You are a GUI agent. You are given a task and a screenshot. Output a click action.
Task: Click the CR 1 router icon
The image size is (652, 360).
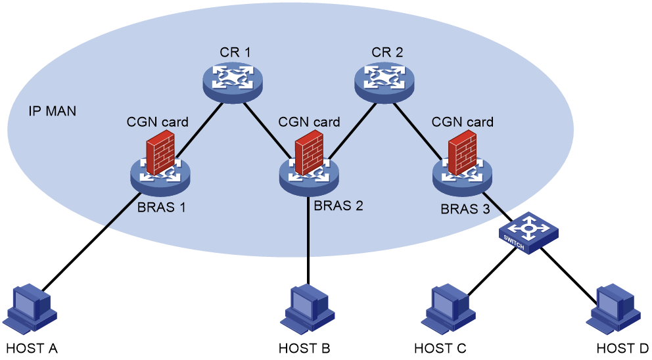(233, 82)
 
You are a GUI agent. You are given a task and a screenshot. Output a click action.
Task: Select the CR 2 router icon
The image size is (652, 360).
(384, 82)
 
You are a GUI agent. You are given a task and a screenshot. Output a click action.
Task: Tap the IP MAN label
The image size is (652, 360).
(53, 111)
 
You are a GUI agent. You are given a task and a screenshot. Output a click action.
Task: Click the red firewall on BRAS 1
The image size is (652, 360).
(160, 152)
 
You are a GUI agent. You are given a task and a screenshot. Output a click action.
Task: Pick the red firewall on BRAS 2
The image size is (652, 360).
(309, 152)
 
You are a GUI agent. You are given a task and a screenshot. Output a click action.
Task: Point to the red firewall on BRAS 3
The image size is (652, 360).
(463, 152)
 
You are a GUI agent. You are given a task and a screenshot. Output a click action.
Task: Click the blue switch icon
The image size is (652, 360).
(528, 233)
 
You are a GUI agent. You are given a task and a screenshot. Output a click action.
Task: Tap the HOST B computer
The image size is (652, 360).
(307, 309)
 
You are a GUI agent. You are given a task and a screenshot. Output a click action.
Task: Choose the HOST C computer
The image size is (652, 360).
(448, 309)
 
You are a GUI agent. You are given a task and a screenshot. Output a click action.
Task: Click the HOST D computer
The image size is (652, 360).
(613, 309)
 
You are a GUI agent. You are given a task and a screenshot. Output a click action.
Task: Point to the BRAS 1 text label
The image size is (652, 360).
(161, 207)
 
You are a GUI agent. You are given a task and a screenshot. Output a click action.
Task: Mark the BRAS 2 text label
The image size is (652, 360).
(338, 206)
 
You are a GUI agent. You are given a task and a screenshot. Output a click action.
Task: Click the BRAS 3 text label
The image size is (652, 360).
(465, 209)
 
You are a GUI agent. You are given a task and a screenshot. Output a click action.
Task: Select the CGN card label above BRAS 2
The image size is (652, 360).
(309, 122)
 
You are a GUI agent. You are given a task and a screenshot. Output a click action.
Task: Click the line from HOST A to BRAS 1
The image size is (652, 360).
(91, 242)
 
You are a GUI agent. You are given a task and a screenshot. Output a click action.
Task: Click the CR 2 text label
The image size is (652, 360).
(387, 53)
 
